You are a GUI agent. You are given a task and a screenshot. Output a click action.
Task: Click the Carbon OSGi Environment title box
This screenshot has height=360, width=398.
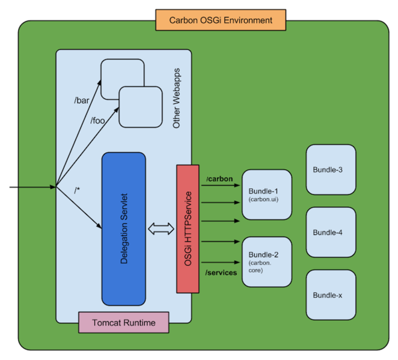coord(221,20)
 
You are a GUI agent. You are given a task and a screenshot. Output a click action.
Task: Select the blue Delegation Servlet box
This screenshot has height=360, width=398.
coord(123,228)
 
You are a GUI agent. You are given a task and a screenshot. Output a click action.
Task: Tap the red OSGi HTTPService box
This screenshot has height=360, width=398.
coord(188,228)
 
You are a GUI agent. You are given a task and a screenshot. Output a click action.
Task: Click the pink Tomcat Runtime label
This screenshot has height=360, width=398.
coord(124,323)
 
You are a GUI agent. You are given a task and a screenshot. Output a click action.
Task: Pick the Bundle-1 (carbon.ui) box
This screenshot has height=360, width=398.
coord(266,194)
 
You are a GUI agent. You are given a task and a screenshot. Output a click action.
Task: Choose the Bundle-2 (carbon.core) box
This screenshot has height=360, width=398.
coord(266,262)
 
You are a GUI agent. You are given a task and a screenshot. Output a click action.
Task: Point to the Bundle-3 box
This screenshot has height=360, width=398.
coord(331,169)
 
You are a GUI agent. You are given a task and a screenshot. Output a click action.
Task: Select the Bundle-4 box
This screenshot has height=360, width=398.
coord(331,232)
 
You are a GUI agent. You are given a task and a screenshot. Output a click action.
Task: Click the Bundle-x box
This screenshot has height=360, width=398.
coord(331,295)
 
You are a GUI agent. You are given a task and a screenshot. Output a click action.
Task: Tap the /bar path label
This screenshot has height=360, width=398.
coord(82,100)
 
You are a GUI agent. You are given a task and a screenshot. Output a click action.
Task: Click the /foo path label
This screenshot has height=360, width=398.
coord(98,121)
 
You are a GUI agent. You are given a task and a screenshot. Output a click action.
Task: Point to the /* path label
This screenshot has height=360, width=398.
coord(78,191)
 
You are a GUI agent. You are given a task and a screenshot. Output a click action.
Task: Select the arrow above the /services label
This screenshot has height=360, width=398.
coord(221,262)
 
